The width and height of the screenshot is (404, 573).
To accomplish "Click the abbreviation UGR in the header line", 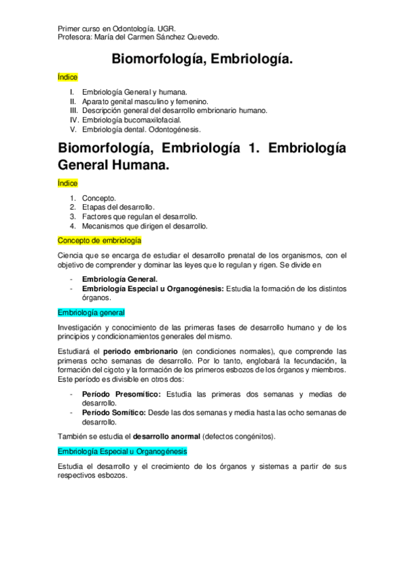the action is (x=167, y=29).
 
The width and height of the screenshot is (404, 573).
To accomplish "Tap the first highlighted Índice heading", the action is (x=68, y=78).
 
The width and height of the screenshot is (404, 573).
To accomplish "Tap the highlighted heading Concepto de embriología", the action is (x=99, y=240).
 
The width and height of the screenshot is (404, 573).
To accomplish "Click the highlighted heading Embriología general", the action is (x=91, y=312).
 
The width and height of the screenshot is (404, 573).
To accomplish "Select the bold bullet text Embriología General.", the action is (x=119, y=279).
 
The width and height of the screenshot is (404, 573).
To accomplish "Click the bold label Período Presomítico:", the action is (x=121, y=394).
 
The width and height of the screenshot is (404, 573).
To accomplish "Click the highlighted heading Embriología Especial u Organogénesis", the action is (x=122, y=451).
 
